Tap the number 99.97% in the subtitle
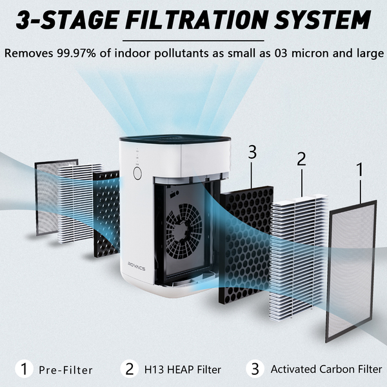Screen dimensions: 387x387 point(77,53)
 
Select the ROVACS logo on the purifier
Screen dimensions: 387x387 point(137,266)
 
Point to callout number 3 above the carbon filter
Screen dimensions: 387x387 point(252,152)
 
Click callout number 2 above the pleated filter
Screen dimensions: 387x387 point(301,159)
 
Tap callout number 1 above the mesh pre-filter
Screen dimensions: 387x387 point(360,169)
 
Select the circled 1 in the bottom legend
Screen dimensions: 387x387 point(25,369)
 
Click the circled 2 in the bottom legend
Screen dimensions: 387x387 point(130,369)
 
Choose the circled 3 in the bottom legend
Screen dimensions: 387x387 point(255,369)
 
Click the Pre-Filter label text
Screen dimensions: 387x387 point(66,370)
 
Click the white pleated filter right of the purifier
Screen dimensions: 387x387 point(299,257)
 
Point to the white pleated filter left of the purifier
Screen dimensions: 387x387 point(78,203)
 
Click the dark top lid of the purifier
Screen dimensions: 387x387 point(175,138)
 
